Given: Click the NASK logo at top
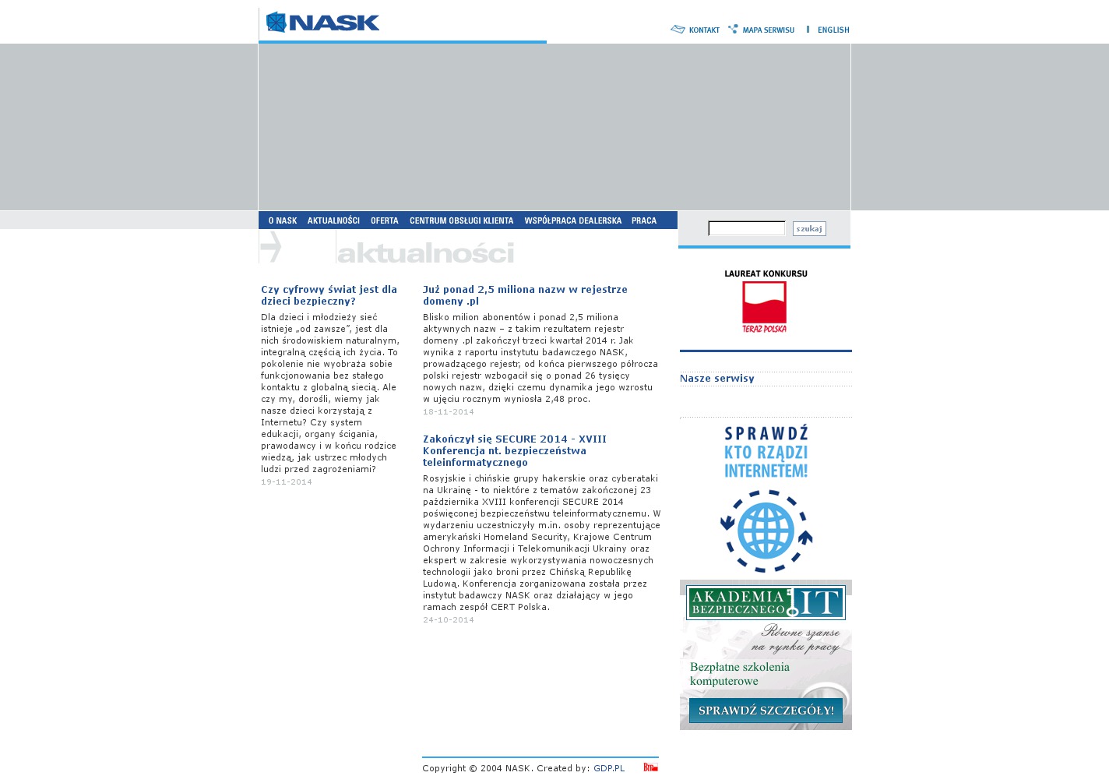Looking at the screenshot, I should (322, 23).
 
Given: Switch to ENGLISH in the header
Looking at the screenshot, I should (833, 30).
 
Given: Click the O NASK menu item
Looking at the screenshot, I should (283, 220).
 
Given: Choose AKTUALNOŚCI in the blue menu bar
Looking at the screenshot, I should (333, 220).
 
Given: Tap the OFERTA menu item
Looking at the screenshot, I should (385, 220).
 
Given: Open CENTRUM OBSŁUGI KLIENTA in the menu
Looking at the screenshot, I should (461, 220).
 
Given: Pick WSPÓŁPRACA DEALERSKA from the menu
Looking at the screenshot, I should (572, 220).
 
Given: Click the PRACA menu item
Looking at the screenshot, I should (644, 220).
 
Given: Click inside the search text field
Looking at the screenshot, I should (746, 228).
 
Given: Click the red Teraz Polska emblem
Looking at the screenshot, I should (764, 306).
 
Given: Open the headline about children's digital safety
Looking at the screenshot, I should (329, 295).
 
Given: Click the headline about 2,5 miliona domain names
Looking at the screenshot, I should (525, 295).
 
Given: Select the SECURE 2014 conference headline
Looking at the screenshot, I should (514, 450).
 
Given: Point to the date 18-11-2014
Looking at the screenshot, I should (449, 412).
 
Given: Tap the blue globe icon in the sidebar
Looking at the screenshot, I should (766, 531).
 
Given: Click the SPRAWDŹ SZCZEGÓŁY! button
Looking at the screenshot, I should (766, 711).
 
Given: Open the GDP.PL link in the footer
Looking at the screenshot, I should (609, 769).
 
